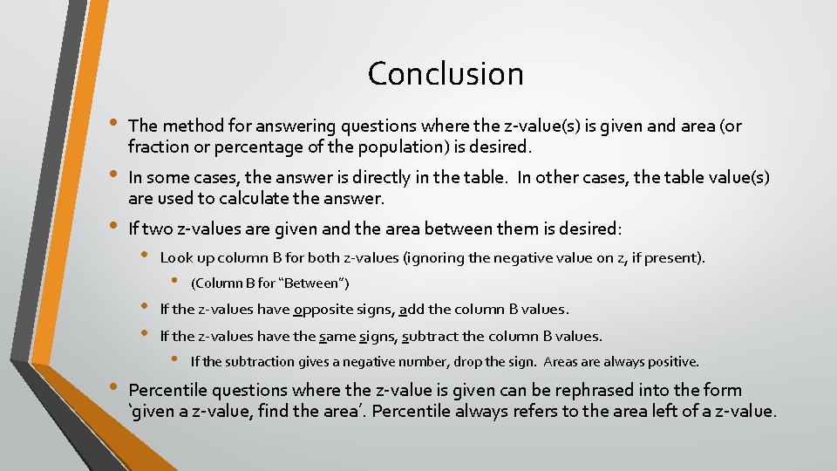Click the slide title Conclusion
pyautogui.click(x=446, y=73)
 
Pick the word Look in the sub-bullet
pyautogui.click(x=176, y=257)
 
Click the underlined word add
pyautogui.click(x=411, y=309)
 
